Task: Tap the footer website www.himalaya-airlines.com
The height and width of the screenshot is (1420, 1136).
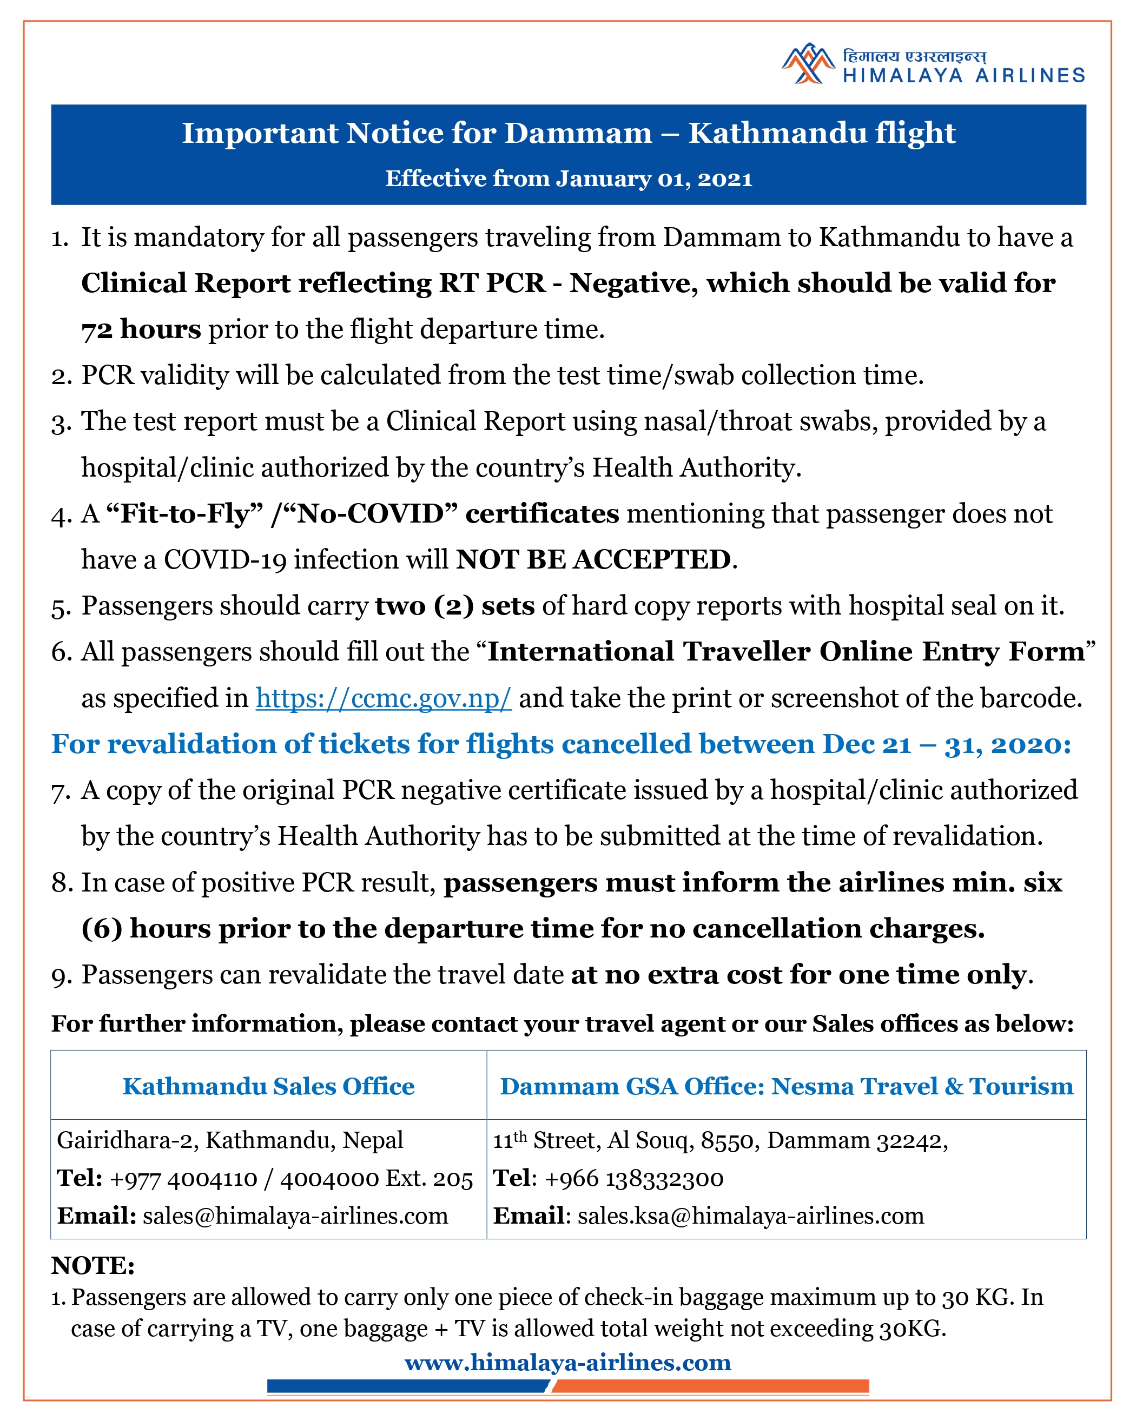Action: pyautogui.click(x=567, y=1362)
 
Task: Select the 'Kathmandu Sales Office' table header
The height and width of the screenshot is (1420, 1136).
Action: pyautogui.click(x=269, y=1086)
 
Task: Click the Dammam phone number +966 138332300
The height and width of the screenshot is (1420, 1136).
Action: pyautogui.click(x=633, y=1178)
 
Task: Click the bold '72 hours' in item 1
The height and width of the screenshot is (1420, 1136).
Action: pyautogui.click(x=141, y=329)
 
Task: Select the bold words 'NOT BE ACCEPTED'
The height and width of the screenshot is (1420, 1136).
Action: pyautogui.click(x=593, y=560)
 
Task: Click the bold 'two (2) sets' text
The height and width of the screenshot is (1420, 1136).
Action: pyautogui.click(x=454, y=606)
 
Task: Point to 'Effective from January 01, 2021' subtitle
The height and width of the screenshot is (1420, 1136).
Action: pyautogui.click(x=569, y=179)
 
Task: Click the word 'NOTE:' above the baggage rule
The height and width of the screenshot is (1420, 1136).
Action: pyautogui.click(x=93, y=1265)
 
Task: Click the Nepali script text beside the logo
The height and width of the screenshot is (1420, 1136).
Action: pyautogui.click(x=914, y=57)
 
